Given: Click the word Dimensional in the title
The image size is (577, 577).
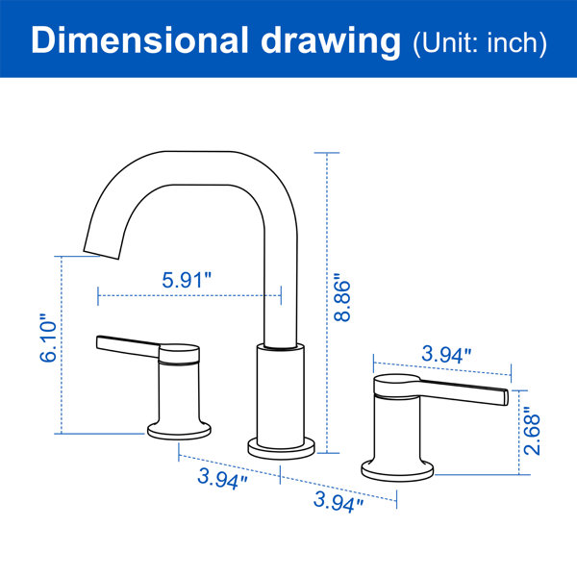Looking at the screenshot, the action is coord(139,40).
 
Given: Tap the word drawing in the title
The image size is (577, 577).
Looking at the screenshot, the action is coord(331,42).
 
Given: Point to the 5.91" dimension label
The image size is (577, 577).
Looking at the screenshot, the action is coord(187,280).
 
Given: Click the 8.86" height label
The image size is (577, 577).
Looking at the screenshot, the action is coord(341,298).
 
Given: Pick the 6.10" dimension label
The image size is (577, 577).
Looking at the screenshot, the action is coord(48,339).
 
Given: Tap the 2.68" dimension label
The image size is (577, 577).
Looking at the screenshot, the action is coord(532,431).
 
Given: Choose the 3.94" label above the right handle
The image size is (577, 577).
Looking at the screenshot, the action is coord(446,354).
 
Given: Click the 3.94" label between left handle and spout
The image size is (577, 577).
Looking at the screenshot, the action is coord(222,478).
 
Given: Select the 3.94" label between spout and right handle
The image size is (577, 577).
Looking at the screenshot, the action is coord(339,501).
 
